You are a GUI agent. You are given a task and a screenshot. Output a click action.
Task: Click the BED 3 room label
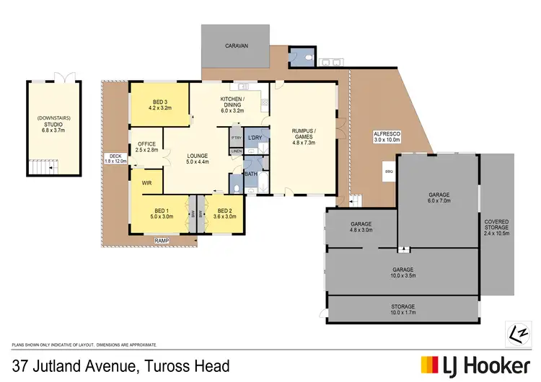click(x=159, y=105)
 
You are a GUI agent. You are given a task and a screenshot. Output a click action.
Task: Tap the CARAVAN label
click(x=236, y=45)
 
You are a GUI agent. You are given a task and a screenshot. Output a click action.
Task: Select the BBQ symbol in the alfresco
click(x=389, y=172)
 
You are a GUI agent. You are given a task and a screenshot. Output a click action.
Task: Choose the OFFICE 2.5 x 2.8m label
click(x=146, y=147)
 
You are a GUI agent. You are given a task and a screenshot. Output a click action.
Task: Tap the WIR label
click(x=146, y=183)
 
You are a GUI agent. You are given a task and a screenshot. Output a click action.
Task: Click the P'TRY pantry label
click(x=236, y=138)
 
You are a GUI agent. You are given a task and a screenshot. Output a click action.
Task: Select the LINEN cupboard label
click(x=237, y=151)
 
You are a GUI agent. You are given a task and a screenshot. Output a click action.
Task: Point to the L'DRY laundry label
click(x=255, y=138)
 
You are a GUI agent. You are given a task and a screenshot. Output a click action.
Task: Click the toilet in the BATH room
click(x=238, y=189)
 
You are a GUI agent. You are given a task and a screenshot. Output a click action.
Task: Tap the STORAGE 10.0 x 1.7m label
click(x=403, y=310)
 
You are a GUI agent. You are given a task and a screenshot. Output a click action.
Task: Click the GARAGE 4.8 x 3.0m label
click(x=361, y=227)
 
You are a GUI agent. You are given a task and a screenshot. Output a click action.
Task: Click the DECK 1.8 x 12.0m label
click(x=115, y=159)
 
